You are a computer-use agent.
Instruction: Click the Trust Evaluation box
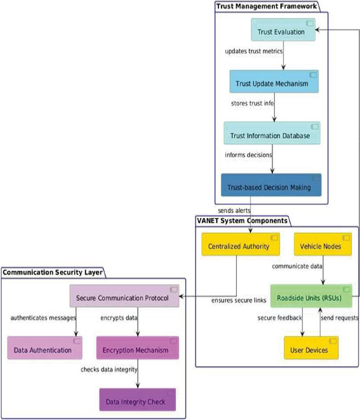coord(283,30)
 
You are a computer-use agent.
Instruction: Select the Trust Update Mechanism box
coord(274,81)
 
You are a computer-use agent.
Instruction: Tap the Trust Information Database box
coord(272,133)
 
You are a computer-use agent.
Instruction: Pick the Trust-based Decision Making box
coord(271,185)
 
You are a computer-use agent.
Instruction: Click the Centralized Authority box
coord(240,244)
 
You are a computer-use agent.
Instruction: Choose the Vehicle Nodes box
coord(323,244)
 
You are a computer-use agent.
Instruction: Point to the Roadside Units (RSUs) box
coord(311,296)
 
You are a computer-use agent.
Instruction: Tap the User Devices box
coord(311,348)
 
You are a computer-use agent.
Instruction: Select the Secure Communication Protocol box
coord(124,296)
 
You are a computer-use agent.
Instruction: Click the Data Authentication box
coord(45,348)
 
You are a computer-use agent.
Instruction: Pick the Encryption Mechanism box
coord(138,348)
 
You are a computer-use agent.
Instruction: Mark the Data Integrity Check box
coord(138,399)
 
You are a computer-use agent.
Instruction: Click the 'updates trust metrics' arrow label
coord(254,51)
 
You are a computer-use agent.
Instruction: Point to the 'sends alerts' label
coord(234,210)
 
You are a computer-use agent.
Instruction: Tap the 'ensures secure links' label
coord(238,300)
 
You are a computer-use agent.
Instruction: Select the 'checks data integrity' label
coord(109,370)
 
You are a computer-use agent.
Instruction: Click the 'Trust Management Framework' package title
coord(266,6)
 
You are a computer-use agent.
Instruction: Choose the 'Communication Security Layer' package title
coord(53,273)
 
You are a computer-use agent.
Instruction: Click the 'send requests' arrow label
coord(339,318)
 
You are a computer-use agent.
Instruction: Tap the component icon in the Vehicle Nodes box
coord(346,237)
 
